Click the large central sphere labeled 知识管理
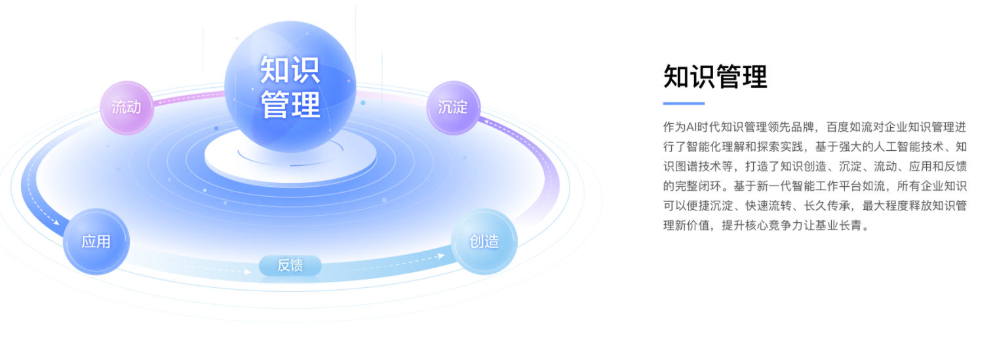(290, 87)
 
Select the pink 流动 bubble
(127, 108)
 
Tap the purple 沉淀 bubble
(453, 108)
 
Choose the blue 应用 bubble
(96, 241)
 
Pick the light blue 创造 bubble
(484, 241)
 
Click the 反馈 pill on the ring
(290, 266)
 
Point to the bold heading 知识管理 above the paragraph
(715, 77)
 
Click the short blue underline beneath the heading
(684, 104)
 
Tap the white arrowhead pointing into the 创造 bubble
(441, 256)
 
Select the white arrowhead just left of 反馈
(248, 271)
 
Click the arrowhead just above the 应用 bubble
(56, 222)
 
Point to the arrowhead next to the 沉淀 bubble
(487, 121)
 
